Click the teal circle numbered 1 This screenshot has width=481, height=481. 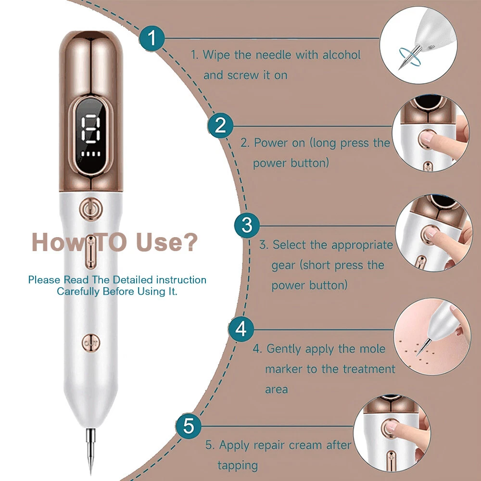click(x=152, y=38)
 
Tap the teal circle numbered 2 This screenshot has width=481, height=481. click(x=220, y=126)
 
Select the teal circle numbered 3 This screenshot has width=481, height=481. click(x=247, y=225)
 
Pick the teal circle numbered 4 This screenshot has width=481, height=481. click(x=241, y=329)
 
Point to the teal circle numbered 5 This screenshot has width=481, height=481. click(x=189, y=426)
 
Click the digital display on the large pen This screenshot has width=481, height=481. click(x=91, y=136)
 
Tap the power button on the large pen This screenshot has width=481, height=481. click(x=91, y=209)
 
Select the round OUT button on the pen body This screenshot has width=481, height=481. click(x=91, y=342)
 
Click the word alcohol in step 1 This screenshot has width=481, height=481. click(x=342, y=55)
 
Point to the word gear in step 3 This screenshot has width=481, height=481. click(x=283, y=266)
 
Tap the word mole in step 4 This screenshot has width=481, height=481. click(x=372, y=349)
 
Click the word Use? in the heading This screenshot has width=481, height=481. click(x=166, y=242)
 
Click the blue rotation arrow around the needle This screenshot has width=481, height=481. click(x=409, y=57)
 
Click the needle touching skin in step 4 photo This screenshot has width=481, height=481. click(x=422, y=347)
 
